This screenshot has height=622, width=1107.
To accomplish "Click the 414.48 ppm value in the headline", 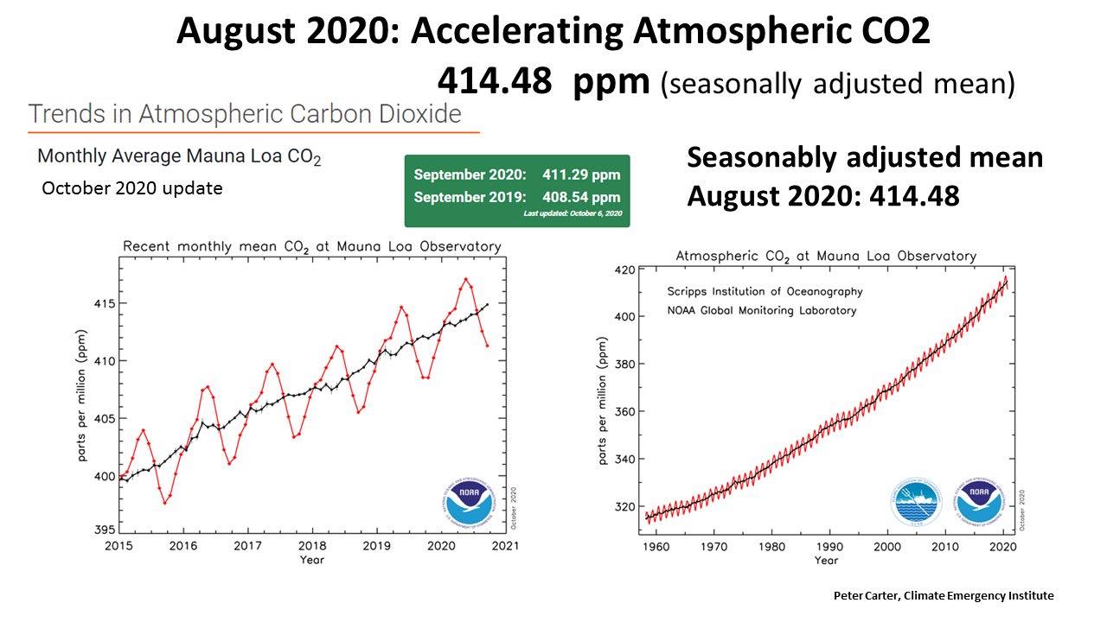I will tap(542, 81).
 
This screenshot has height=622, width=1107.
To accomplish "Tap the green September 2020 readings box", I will tap(516, 191).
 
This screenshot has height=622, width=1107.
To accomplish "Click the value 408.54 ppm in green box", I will tap(581, 197).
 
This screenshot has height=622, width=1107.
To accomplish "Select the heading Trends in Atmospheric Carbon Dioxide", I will tap(245, 113).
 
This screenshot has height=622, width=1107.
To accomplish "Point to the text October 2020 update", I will tap(132, 187).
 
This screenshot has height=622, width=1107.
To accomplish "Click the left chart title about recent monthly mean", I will tap(311, 246).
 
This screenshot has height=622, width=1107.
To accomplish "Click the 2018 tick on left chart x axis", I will tap(312, 546).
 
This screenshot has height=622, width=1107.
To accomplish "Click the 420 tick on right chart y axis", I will tap(624, 270).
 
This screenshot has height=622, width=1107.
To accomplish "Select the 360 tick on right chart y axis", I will tap(624, 411).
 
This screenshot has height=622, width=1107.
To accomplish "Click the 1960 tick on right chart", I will tap(657, 546).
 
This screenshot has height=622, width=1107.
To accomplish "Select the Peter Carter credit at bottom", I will tap(944, 595).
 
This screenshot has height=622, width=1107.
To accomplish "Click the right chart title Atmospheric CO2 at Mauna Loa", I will tap(825, 256).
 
